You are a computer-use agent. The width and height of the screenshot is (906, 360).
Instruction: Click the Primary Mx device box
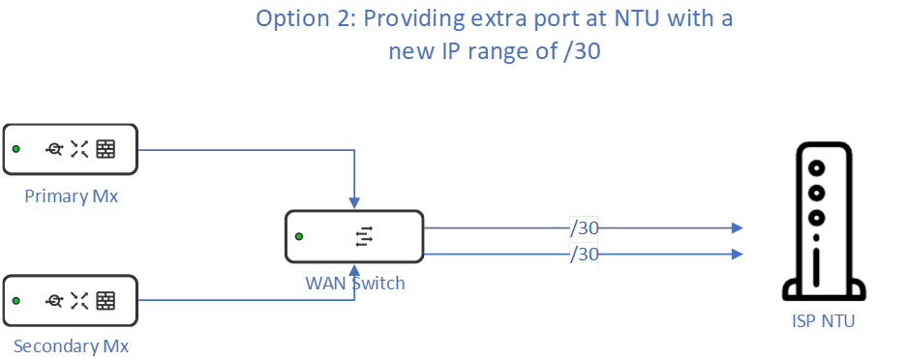pyautogui.click(x=70, y=149)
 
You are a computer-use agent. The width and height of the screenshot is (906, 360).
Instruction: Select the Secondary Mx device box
pyautogui.click(x=70, y=300)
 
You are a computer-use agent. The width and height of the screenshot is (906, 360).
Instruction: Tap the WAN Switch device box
pyautogui.click(x=354, y=236)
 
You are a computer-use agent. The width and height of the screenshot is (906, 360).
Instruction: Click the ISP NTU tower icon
pyautogui.click(x=819, y=222)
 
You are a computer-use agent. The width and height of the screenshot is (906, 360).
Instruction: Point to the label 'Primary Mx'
pyautogui.click(x=72, y=196)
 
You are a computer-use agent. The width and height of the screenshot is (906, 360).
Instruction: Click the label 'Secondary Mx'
pyautogui.click(x=72, y=345)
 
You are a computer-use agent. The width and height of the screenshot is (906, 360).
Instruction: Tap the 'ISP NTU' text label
pyautogui.click(x=823, y=320)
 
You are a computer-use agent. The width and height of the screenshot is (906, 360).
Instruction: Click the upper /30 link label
pyautogui.click(x=585, y=227)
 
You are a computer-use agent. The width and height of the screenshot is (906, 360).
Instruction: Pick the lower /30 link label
pyautogui.click(x=585, y=254)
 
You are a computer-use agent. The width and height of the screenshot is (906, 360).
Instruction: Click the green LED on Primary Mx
pyautogui.click(x=16, y=149)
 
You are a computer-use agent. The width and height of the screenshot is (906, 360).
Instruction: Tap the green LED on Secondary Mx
pyautogui.click(x=16, y=300)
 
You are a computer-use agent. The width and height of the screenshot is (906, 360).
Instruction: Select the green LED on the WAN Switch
pyautogui.click(x=299, y=236)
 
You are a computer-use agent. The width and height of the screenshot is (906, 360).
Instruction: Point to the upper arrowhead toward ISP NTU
pyautogui.click(x=738, y=227)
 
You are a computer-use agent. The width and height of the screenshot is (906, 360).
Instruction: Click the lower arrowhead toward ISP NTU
pyautogui.click(x=738, y=254)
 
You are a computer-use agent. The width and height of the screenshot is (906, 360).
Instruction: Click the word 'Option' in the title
pyautogui.click(x=291, y=19)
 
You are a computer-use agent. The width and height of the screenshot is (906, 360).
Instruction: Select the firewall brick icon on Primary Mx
pyautogui.click(x=106, y=149)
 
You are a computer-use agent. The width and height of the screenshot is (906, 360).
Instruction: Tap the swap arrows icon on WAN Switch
pyautogui.click(x=364, y=236)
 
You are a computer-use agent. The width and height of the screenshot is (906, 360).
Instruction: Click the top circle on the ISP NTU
pyautogui.click(x=818, y=167)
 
